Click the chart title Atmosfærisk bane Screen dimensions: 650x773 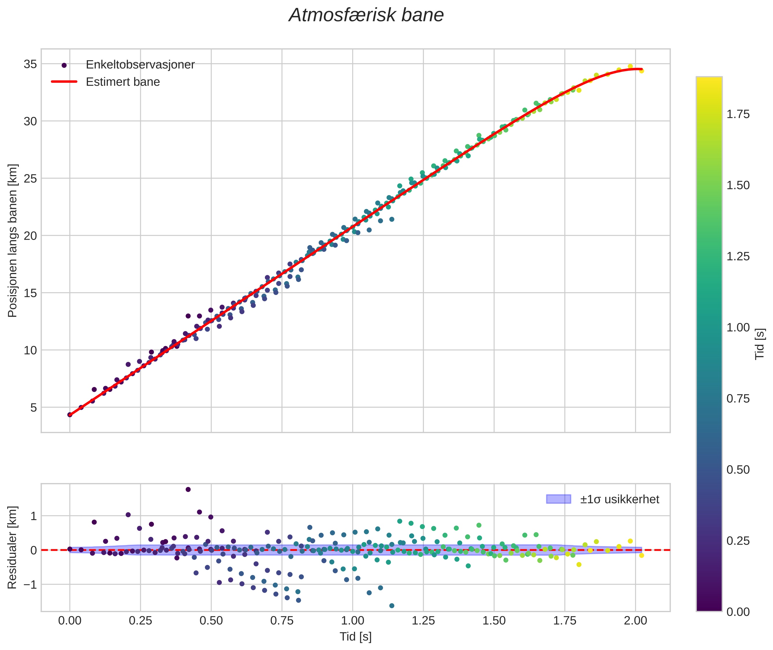pyautogui.click(x=366, y=15)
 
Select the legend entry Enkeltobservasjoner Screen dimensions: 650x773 pyautogui.click(x=140, y=65)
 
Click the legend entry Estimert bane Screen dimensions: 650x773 pyautogui.click(x=123, y=82)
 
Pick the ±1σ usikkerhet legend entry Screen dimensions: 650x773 pyautogui.click(x=619, y=499)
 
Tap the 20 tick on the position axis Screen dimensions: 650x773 pyautogui.click(x=30, y=236)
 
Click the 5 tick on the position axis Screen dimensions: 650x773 pyautogui.click(x=34, y=407)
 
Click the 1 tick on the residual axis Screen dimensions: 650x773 pyautogui.click(x=34, y=516)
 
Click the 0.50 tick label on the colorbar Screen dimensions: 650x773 pyautogui.click(x=738, y=470)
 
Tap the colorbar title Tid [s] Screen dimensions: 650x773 pyautogui.click(x=759, y=344)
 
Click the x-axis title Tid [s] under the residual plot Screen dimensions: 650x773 pyautogui.click(x=355, y=637)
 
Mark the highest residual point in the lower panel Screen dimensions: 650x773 pyautogui.click(x=188, y=489)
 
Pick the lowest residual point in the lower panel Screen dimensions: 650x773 pyautogui.click(x=392, y=606)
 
